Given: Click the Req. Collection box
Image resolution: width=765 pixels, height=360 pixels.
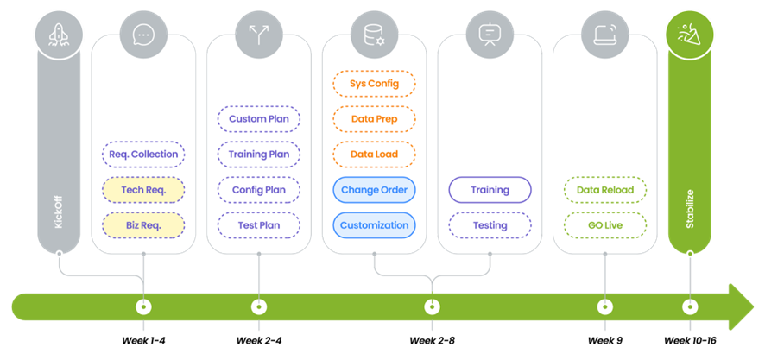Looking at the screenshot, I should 143,155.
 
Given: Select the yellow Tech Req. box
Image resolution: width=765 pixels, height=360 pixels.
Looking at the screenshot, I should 143,190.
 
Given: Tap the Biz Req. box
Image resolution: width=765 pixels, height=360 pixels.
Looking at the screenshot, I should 143,225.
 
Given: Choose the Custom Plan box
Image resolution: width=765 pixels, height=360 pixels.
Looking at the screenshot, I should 259,119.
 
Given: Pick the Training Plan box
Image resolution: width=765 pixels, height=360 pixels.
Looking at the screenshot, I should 259,155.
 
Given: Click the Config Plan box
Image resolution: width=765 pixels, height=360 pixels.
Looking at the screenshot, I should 259,190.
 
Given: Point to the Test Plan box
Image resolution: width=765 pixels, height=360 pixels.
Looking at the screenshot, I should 259,225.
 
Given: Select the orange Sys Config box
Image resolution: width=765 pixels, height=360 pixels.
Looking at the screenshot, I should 374,84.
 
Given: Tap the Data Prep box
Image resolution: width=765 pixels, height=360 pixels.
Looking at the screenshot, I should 374,119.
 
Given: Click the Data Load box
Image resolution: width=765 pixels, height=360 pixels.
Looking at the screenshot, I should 374,155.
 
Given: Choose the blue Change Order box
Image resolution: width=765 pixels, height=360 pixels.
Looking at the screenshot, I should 374,190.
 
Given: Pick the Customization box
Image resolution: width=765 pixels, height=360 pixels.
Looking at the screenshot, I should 374,225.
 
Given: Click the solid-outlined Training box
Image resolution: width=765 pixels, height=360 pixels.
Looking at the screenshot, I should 490,190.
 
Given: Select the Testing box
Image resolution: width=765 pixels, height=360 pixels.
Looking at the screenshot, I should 490,225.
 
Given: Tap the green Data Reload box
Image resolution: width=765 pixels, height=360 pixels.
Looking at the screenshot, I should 605,190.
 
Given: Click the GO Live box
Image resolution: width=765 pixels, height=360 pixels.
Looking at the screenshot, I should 605,225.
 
